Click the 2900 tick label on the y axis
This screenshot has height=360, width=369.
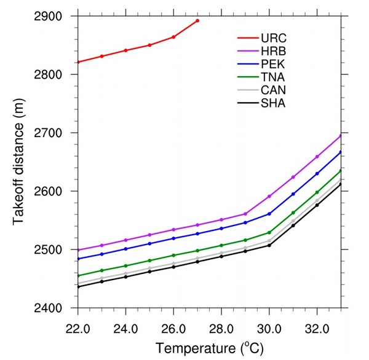tap(56, 16)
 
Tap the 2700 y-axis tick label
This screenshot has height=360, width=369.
tap(56, 133)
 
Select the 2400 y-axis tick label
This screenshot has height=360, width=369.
tap(56, 308)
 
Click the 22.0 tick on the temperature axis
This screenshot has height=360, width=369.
tap(78, 321)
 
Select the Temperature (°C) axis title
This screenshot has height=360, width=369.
tap(210, 347)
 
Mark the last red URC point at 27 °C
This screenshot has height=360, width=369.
tap(197, 21)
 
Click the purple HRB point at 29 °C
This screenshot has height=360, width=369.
tap(245, 214)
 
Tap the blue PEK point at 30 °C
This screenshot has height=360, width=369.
tap(269, 214)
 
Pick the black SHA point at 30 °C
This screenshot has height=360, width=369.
tap(269, 245)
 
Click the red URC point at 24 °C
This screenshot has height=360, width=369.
tap(125, 50)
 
